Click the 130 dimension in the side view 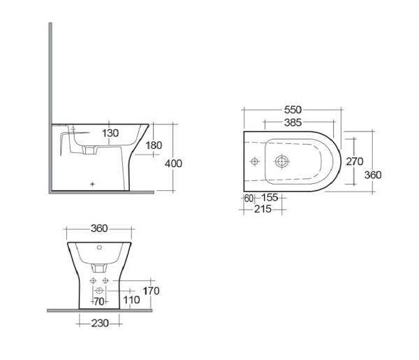pos(110,133)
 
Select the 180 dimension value pos(154,145)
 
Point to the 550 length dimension pos(293,110)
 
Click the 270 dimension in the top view pos(354,161)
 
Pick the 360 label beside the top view pos(373,175)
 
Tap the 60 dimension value pos(249,198)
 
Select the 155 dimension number pos(269,198)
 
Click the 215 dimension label pos(263,209)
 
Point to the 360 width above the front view pos(98,229)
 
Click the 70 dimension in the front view pos(98,301)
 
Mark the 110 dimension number pos(131,301)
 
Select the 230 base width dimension pos(98,322)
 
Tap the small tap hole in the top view pos(253,161)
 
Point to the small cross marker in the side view pos(93,183)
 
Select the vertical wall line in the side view pos(50,105)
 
